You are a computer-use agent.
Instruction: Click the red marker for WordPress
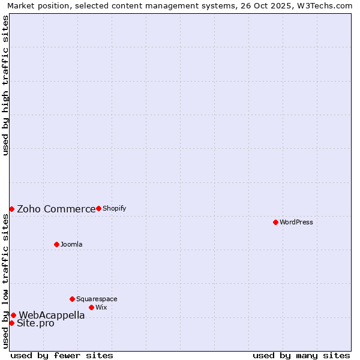pyautogui.click(x=275, y=222)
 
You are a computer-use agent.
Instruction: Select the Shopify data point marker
pyautogui.click(x=98, y=208)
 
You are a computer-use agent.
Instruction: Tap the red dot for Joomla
pyautogui.click(x=56, y=244)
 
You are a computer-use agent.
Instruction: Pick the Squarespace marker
pyautogui.click(x=72, y=299)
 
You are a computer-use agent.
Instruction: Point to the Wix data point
pyautogui.click(x=91, y=307)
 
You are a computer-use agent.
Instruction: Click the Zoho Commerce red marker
pyautogui.click(x=11, y=209)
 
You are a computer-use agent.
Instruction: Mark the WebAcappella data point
pyautogui.click(x=13, y=315)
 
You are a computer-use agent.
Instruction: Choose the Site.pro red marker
pyautogui.click(x=11, y=323)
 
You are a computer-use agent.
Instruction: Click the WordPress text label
pyautogui.click(x=296, y=222)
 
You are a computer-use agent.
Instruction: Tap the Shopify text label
pyautogui.click(x=114, y=208)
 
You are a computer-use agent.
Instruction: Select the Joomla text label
pyautogui.click(x=71, y=244)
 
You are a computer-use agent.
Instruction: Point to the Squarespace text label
pyautogui.click(x=97, y=299)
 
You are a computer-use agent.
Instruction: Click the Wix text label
pyautogui.click(x=101, y=307)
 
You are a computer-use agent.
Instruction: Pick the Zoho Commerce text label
pyautogui.click(x=56, y=209)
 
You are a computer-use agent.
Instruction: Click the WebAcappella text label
pyautogui.click(x=52, y=315)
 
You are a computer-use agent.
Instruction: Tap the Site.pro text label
pyautogui.click(x=35, y=323)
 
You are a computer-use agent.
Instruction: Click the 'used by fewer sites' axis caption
pyautogui.click(x=62, y=355)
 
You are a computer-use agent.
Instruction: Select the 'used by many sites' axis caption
pyautogui.click(x=301, y=355)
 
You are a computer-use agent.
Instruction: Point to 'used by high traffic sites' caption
pyautogui.click(x=6, y=85)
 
